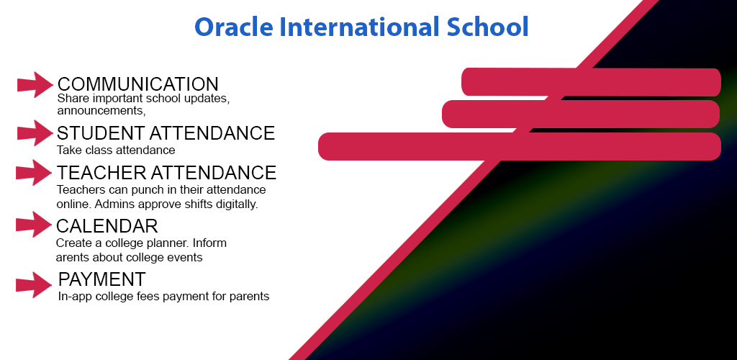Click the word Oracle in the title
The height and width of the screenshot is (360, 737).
click(x=232, y=27)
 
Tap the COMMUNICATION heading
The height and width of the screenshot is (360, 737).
click(x=137, y=84)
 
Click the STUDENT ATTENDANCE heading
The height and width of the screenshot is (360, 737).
click(x=166, y=133)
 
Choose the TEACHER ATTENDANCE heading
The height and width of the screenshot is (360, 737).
click(x=166, y=173)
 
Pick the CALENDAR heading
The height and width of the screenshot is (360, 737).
click(x=107, y=226)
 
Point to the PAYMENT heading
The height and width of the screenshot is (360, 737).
click(x=102, y=279)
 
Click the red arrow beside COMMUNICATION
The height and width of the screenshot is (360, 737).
click(x=35, y=85)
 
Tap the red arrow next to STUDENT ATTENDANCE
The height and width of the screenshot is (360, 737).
click(x=35, y=133)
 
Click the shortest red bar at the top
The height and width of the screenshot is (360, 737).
click(x=590, y=82)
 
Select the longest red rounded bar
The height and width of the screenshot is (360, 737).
click(x=519, y=146)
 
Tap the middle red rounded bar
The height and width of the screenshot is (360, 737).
click(x=580, y=114)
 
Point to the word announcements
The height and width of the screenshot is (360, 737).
click(x=101, y=111)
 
